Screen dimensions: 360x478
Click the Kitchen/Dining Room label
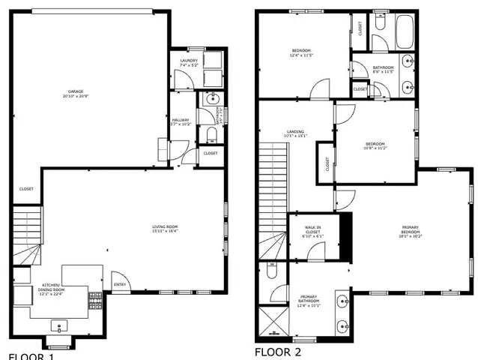tap(52, 289)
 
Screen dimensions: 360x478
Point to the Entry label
tap(120, 284)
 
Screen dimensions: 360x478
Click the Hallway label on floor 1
tap(181, 121)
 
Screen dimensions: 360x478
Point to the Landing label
tap(295, 133)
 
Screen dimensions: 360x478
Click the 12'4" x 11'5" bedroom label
tap(302, 53)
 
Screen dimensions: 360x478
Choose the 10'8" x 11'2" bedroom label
tap(375, 146)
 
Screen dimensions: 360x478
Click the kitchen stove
tap(96, 301)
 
